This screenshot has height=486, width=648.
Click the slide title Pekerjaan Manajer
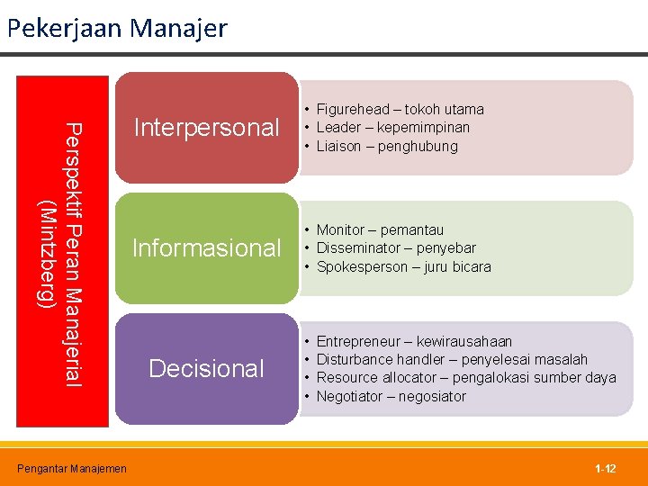[117, 28]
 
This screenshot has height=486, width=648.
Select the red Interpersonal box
[206, 128]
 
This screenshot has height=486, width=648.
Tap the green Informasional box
[206, 247]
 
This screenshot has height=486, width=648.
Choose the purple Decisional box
[206, 368]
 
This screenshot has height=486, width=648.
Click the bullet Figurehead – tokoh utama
[400, 109]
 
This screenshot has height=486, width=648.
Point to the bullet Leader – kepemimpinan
[392, 127]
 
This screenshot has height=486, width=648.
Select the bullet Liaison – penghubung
[387, 146]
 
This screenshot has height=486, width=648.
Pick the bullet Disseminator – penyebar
[396, 247]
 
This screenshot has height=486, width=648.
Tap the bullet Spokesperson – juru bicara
[403, 266]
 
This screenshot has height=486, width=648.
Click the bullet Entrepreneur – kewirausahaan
[414, 341]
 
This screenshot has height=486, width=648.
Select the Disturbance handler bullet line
[452, 359]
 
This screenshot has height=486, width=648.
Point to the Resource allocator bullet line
[466, 377]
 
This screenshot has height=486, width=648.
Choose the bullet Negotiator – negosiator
[391, 396]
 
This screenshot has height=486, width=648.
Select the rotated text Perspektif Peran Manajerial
[75, 255]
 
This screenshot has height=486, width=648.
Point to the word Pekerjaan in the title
[65, 28]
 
